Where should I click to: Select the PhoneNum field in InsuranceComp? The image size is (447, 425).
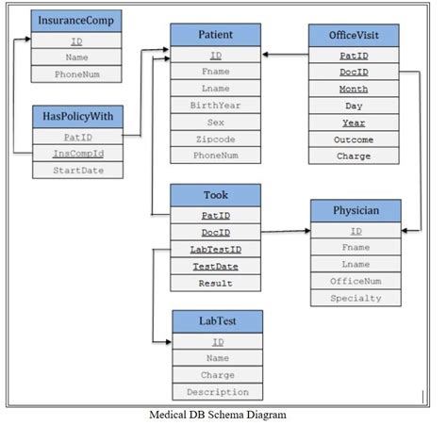coord(75,74)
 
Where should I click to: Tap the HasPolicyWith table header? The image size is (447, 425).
coord(76,117)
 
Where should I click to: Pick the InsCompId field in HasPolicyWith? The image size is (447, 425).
coord(76,153)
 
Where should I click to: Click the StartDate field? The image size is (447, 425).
coord(76,171)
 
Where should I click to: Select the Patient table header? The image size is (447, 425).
coord(216,35)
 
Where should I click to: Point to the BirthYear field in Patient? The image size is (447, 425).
coord(216,105)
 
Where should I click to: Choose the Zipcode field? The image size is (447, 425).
coord(216,139)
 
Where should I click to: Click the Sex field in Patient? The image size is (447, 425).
coord(216,122)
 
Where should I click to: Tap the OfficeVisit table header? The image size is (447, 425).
coord(354,36)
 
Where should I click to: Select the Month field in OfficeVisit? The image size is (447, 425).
coord(354,89)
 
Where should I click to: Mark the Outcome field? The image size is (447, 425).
coord(354,139)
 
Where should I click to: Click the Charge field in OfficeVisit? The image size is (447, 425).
coord(354,155)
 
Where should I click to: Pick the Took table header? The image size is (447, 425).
coord(216,195)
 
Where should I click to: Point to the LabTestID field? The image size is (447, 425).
coord(216,249)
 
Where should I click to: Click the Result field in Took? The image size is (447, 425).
coord(216,283)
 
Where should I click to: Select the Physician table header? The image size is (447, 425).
coord(356,210)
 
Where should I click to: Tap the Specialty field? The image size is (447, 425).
coord(356,298)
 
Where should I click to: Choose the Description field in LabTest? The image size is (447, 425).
coord(217,392)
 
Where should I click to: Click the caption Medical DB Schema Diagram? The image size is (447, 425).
coord(218,414)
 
